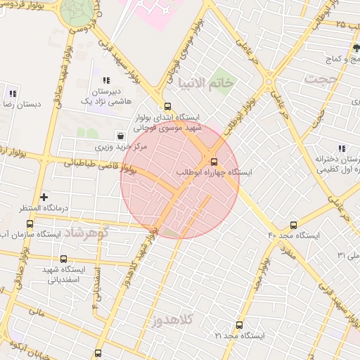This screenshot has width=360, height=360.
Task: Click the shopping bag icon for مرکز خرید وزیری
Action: point(121,136)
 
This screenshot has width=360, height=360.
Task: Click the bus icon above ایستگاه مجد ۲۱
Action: point(239,325)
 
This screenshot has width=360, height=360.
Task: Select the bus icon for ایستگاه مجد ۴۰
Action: point(293,225)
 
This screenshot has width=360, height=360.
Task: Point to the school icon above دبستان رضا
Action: point(12,93)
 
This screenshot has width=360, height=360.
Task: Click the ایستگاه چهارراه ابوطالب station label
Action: point(218,170)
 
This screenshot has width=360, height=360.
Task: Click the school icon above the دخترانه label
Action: point(341,148)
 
